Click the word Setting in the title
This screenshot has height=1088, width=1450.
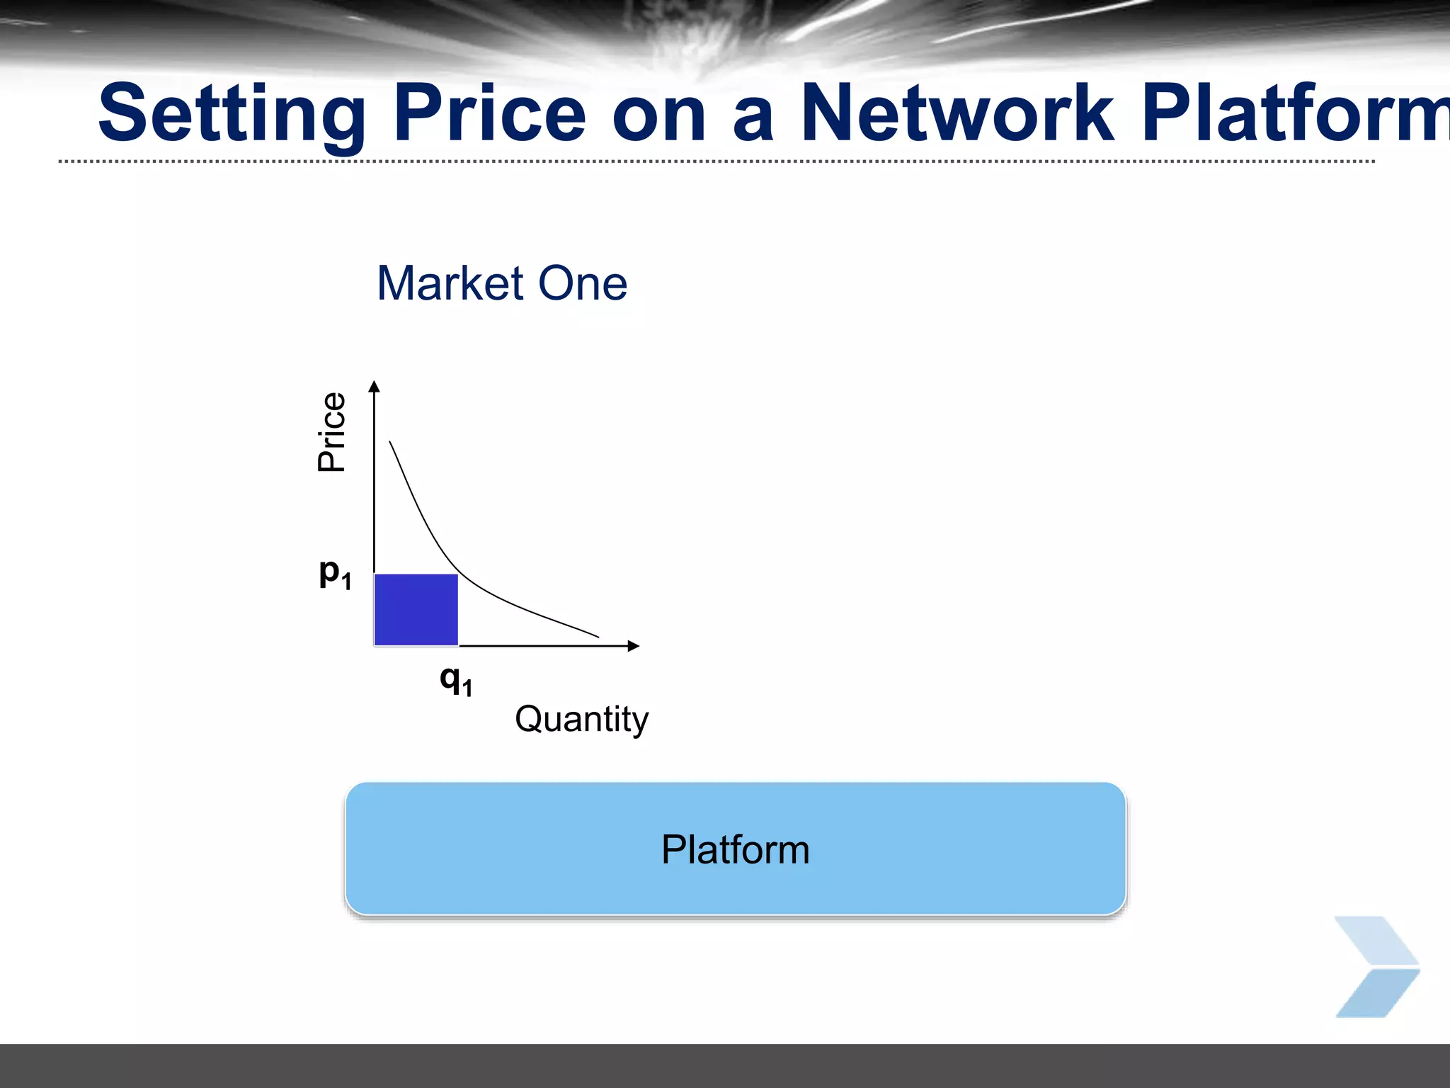click(232, 113)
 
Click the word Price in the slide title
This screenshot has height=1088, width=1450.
click(489, 113)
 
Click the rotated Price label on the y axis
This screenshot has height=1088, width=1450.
click(331, 431)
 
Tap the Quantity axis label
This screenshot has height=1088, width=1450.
click(581, 720)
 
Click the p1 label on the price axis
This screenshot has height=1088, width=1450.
click(334, 573)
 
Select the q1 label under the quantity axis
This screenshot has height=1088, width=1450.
click(455, 680)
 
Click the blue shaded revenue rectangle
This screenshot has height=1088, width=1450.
click(416, 610)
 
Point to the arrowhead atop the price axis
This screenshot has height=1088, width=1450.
click(375, 386)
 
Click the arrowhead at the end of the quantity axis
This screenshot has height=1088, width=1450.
click(634, 645)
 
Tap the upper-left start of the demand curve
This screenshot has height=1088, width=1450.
click(390, 442)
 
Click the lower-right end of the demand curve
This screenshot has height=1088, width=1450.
click(598, 637)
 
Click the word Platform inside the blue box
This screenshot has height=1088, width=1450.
click(735, 849)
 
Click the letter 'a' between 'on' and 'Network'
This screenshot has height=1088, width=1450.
click(753, 117)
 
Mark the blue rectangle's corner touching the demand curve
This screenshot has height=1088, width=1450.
click(457, 575)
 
